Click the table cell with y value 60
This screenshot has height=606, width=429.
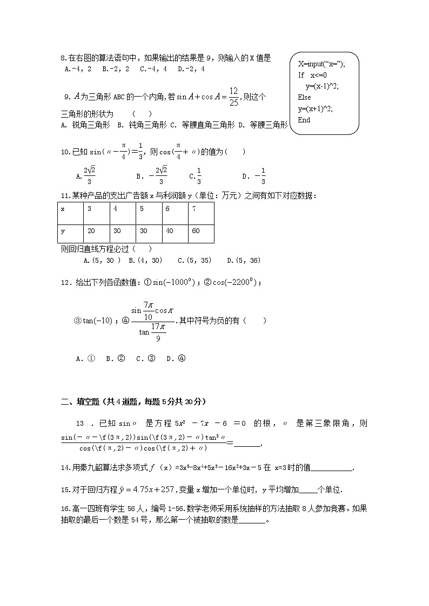click(201, 231)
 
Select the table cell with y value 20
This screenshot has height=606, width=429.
click(96, 231)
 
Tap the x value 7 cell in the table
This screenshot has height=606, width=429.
click(201, 209)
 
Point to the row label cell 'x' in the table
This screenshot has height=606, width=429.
click(70, 209)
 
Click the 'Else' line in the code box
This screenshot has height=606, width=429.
click(304, 97)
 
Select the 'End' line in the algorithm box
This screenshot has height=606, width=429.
click(304, 120)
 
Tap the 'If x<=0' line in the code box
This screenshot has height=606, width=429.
click(312, 75)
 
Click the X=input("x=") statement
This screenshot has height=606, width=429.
click(321, 64)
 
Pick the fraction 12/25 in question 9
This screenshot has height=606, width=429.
click(233, 96)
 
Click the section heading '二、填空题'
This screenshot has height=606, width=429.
click(81, 401)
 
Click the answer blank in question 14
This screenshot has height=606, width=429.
click(332, 468)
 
